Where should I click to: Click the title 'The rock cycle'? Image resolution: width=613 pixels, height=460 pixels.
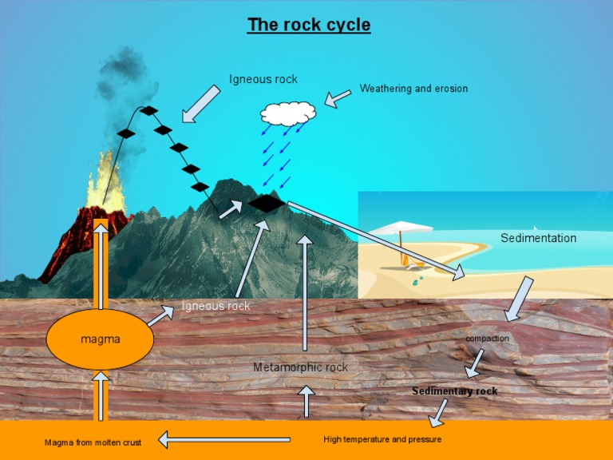[309, 25]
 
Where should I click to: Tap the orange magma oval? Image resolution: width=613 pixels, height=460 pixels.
[100, 339]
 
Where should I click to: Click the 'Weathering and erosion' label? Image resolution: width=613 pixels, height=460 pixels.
[413, 89]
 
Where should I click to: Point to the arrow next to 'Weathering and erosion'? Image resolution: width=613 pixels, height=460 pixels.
[338, 99]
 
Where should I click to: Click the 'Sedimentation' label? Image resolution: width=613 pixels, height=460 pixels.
[538, 238]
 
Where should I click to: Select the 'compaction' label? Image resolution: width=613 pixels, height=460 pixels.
[487, 339]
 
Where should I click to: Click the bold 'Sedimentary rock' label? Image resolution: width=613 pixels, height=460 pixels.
[454, 391]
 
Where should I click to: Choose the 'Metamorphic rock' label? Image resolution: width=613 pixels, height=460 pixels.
[300, 367]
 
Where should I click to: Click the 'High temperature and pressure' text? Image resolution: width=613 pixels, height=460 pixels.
[382, 439]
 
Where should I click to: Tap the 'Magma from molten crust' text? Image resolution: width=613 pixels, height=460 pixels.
[93, 442]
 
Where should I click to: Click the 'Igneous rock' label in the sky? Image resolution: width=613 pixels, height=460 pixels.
[263, 79]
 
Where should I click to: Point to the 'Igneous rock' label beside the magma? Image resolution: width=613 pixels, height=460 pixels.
[216, 306]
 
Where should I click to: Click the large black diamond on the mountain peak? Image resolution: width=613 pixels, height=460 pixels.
[266, 204]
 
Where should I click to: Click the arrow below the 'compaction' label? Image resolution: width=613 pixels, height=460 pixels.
[474, 363]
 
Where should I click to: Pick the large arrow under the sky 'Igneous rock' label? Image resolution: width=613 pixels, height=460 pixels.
[200, 104]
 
